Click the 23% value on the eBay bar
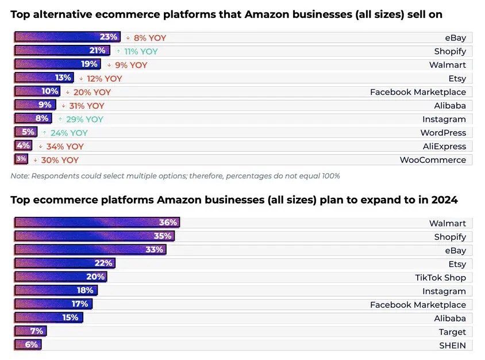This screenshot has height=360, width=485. (108, 37)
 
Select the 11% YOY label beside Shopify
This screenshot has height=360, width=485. (141, 51)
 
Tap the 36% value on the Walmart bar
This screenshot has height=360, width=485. (167, 223)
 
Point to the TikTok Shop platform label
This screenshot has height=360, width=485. (440, 277)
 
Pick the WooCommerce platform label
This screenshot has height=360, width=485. (433, 160)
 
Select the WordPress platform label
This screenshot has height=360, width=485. (443, 133)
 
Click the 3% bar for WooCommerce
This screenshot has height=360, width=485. (21, 160)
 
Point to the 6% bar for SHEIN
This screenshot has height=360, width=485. (28, 345)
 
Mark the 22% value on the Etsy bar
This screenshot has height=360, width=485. (103, 263)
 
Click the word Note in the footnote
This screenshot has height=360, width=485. (20, 176)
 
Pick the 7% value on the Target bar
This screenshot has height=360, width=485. (36, 331)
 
